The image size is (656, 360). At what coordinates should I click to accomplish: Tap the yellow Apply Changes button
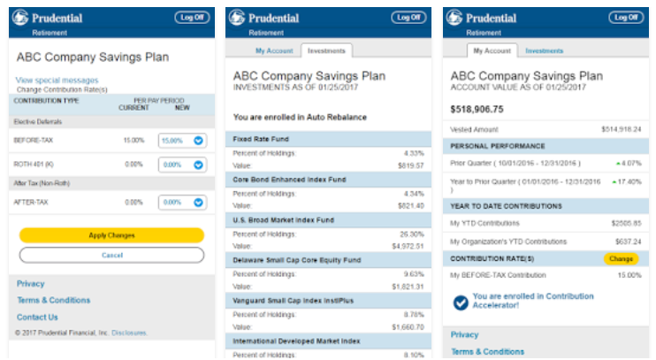pyautogui.click(x=111, y=235)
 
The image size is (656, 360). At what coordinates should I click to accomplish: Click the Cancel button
pyautogui.click(x=111, y=255)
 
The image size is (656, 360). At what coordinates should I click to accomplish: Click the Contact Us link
pyautogui.click(x=37, y=317)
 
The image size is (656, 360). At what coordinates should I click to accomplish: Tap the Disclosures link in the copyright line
pyautogui.click(x=129, y=333)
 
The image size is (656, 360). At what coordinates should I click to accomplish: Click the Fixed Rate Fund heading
pyautogui.click(x=262, y=139)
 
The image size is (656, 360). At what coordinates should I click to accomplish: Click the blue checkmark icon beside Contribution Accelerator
pyautogui.click(x=461, y=303)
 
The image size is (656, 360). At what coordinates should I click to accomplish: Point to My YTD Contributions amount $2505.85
pyautogui.click(x=625, y=223)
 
